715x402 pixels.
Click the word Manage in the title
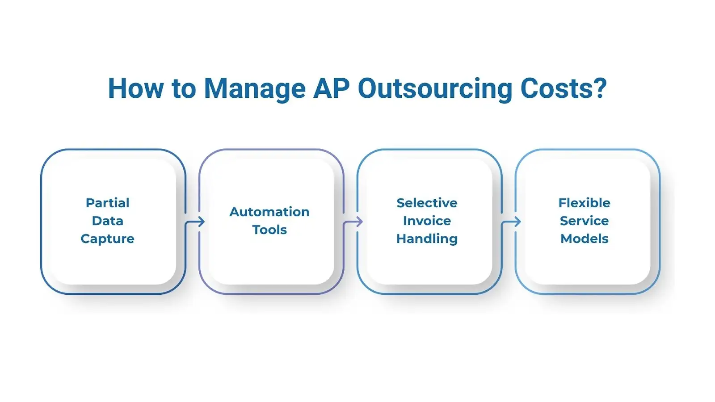pyautogui.click(x=254, y=89)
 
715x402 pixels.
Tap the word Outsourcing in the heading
pyautogui.click(x=435, y=89)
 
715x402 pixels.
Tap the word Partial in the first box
pyautogui.click(x=108, y=203)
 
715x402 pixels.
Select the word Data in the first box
pyautogui.click(x=108, y=221)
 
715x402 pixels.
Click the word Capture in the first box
pyautogui.click(x=108, y=239)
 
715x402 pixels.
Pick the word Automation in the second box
pyautogui.click(x=269, y=212)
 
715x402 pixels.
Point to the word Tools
pyautogui.click(x=269, y=230)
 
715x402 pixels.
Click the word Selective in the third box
pyautogui.click(x=427, y=203)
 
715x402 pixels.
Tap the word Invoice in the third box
pyautogui.click(x=427, y=221)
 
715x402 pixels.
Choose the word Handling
pyautogui.click(x=427, y=239)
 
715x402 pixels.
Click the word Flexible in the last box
pyautogui.click(x=585, y=203)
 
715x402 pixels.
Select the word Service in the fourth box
pyautogui.click(x=585, y=221)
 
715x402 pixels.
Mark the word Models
pyautogui.click(x=585, y=239)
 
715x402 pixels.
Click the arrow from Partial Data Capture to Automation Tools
pyautogui.click(x=195, y=221)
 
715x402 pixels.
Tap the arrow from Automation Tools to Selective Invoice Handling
pyautogui.click(x=353, y=221)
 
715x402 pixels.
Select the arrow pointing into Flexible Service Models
pyautogui.click(x=512, y=221)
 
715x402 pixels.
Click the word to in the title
pyautogui.click(x=184, y=89)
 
